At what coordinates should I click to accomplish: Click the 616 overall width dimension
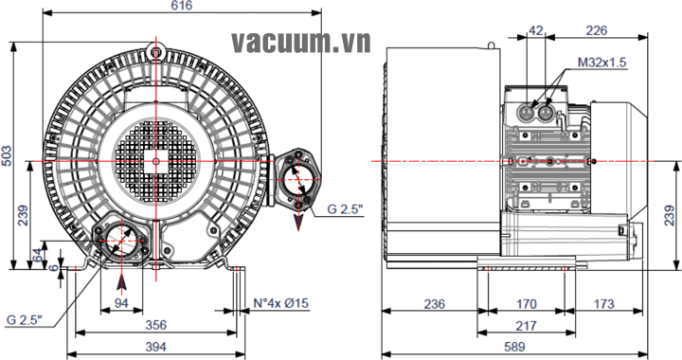182,6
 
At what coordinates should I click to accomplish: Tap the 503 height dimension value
7,155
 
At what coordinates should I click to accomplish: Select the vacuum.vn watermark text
301,43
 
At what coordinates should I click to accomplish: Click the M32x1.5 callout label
602,63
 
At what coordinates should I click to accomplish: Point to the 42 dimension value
535,30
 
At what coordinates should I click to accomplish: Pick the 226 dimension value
597,30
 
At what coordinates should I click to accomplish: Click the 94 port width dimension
121,303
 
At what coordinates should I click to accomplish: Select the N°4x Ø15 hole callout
281,303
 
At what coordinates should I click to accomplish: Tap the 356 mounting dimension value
155,325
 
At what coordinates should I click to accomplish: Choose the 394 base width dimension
155,347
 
